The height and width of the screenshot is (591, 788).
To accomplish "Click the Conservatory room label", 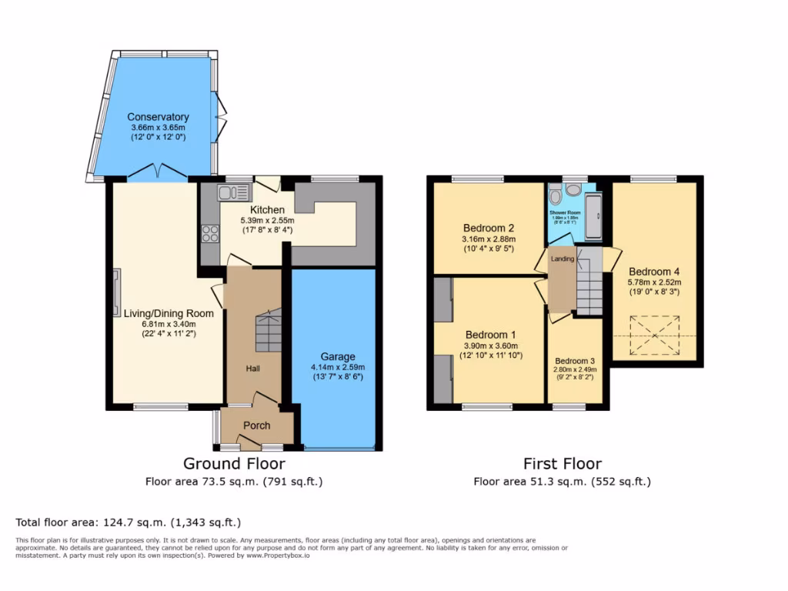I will click(x=158, y=117).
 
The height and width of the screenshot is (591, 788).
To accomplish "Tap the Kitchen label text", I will click(x=267, y=209).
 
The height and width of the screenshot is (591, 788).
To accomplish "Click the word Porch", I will click(x=257, y=426).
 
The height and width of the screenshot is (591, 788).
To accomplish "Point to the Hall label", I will click(x=252, y=369).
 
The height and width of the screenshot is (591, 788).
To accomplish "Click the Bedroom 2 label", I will click(x=488, y=228).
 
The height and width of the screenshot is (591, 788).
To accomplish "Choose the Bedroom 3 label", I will click(x=575, y=361).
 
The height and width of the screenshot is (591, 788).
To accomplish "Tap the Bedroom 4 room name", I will click(x=653, y=272).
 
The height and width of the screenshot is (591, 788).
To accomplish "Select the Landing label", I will click(x=562, y=259).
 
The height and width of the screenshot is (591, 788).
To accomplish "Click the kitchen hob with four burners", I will click(x=210, y=232).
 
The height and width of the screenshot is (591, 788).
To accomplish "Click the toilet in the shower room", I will click(x=573, y=189).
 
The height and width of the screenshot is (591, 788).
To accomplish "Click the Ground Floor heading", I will click(x=234, y=463).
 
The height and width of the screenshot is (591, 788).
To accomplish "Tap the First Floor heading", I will click(x=562, y=463).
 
